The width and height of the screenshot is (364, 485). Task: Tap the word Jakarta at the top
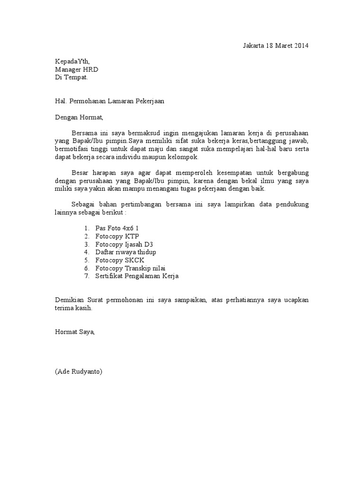point(254,46)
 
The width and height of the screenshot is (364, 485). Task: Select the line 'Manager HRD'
point(76,69)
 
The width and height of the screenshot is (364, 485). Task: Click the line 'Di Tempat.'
point(71,77)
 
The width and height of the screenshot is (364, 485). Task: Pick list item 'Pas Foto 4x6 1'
point(117,228)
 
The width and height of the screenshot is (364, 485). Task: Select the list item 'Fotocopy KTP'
point(117,236)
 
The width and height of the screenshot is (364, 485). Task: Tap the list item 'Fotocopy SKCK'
point(119,260)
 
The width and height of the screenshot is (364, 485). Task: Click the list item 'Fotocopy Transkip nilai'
point(129,268)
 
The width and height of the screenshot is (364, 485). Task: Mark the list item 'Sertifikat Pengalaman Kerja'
point(137,276)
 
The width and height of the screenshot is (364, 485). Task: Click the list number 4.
point(87,252)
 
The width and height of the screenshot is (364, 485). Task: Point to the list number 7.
point(87,276)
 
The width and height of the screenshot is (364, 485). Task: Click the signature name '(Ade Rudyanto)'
point(78,372)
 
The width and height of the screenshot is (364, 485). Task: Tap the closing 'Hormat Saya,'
point(75,332)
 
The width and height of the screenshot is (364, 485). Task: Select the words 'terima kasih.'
point(73,308)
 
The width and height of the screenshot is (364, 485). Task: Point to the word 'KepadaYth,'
point(72,61)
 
